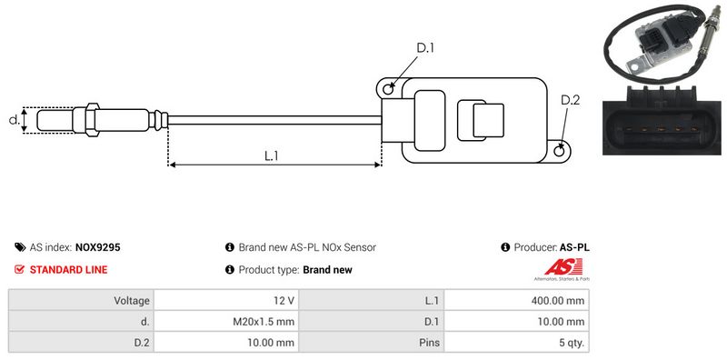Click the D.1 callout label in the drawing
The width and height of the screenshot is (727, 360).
[425, 47]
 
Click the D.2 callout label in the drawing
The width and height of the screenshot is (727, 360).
[571, 100]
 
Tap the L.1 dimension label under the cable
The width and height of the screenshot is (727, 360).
[271, 155]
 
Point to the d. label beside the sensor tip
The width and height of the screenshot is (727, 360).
[15, 120]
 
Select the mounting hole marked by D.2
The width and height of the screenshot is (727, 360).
[560, 150]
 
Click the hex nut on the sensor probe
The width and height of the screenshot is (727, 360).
[92, 120]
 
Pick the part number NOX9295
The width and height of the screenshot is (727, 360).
[98, 247]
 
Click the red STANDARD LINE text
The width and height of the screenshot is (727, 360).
[69, 269]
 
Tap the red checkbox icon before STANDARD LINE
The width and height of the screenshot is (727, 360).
[19, 269]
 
